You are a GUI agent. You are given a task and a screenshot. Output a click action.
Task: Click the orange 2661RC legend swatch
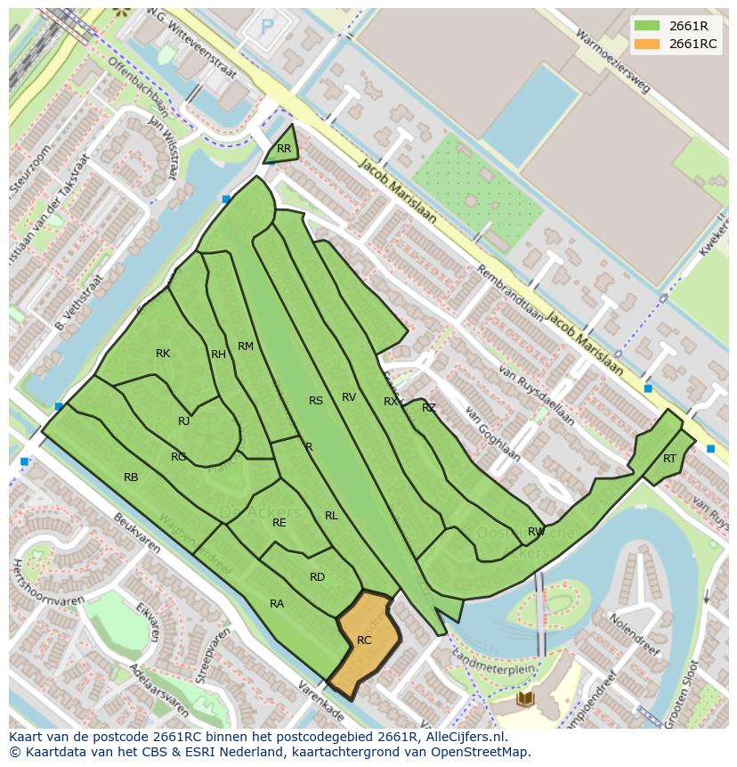click(x=647, y=44)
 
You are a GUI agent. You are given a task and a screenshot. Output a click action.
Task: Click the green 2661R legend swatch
click(x=647, y=26)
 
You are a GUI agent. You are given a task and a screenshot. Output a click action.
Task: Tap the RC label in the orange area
click(x=364, y=641)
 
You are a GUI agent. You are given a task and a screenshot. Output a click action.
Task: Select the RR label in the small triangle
click(x=284, y=149)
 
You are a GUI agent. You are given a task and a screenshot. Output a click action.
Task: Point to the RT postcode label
click(x=669, y=459)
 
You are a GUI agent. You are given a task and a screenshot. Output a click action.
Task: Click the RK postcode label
click(x=163, y=354)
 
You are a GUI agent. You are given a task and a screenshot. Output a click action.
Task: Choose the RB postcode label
click(x=131, y=477)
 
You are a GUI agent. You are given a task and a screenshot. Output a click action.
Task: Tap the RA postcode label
click(x=277, y=604)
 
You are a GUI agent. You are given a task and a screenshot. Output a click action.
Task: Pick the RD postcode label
click(x=317, y=577)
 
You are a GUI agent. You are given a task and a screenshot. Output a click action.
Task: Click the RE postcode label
click(x=279, y=523)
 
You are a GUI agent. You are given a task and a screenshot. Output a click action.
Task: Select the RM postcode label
click(x=246, y=347)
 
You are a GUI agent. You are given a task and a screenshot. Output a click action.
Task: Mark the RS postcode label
click(x=316, y=401)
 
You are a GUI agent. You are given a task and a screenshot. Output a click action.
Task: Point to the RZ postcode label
click(x=429, y=408)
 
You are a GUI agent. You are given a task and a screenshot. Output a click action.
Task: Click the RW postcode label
click(x=536, y=532)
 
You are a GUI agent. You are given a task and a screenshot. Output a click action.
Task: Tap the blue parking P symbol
click(x=267, y=28)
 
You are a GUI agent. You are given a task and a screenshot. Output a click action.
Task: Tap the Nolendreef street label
click(x=633, y=632)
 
